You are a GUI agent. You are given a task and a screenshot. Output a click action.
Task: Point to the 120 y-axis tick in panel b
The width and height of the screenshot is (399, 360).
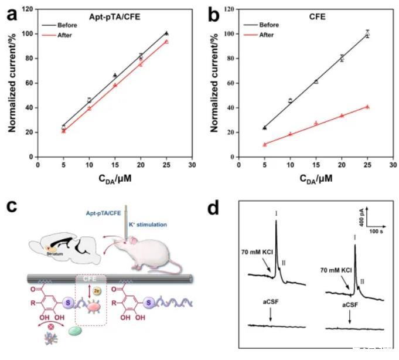pyautogui.click(x=230, y=9)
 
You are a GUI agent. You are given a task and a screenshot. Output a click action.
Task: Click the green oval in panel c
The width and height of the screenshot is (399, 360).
pyautogui.click(x=76, y=331)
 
